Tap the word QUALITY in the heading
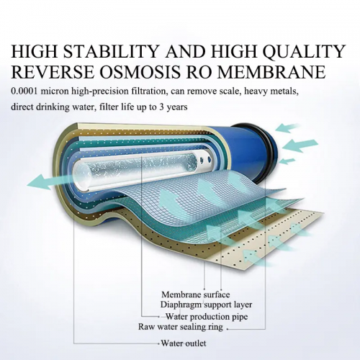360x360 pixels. pos(304,51)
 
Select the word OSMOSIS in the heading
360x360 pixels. pos(140,71)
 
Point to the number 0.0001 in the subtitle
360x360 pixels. pos(24,91)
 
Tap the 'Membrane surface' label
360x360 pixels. pos(195,294)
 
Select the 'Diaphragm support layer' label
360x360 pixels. pos(206,305)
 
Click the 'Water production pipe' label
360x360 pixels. pos(207,317)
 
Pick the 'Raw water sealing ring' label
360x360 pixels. pos(181,327)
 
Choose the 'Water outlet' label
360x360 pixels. pos(184,343)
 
